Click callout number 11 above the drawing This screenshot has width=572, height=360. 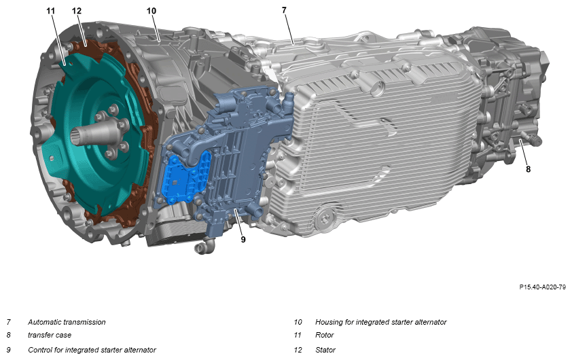(x=50, y=11)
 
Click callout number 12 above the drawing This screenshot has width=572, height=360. (x=77, y=11)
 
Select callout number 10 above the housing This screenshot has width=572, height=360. (x=151, y=11)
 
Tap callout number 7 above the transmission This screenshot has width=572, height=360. (x=284, y=10)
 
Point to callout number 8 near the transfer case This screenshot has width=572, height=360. (x=529, y=169)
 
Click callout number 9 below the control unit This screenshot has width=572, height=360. (x=243, y=239)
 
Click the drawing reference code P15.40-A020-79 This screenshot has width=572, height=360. (x=543, y=287)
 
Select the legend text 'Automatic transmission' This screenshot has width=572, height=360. (x=67, y=322)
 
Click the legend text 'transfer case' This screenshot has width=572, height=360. (x=50, y=335)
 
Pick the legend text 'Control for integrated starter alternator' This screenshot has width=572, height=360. (x=92, y=350)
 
